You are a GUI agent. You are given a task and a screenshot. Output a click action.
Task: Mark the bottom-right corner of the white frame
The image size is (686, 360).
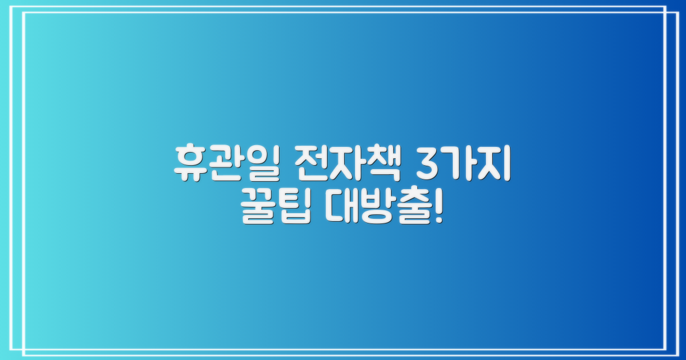(x=667, y=349)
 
